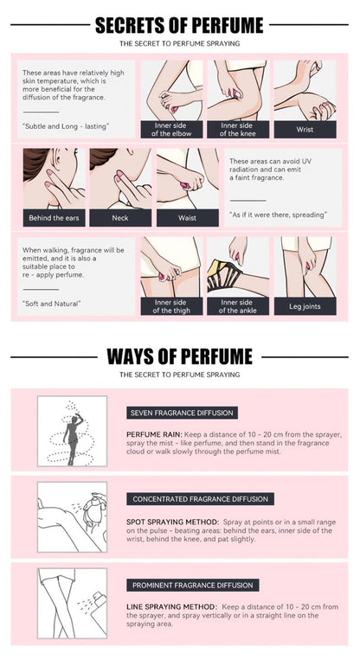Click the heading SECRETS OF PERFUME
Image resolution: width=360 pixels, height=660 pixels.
[179, 25]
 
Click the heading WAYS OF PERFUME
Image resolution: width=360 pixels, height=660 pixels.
[179, 356]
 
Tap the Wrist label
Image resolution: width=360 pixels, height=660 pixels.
[305, 130]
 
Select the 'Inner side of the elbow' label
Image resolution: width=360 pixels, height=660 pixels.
[171, 130]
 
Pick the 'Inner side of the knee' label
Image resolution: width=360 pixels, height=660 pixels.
[238, 130]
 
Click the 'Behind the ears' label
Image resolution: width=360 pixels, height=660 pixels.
[54, 218]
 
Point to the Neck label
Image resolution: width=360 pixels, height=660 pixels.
[120, 218]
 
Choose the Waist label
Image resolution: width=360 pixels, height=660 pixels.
[188, 218]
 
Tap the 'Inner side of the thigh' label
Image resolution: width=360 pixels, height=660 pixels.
[171, 306]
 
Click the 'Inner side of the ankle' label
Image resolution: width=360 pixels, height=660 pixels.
[238, 306]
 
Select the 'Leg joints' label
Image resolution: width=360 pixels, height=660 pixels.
[305, 306]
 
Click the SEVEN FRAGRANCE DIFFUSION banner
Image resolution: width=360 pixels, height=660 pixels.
[182, 413]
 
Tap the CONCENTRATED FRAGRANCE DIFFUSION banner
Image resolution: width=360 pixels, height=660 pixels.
[201, 499]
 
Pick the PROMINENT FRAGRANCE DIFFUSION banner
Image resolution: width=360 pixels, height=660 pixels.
[193, 586]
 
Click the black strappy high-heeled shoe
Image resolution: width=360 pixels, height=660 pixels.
[223, 275]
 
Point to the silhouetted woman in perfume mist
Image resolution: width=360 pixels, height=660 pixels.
[72, 439]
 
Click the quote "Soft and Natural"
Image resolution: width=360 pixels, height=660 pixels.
[51, 303]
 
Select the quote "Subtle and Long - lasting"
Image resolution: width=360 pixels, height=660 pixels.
[64, 125]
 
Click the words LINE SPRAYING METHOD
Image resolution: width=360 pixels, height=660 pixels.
[172, 607]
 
